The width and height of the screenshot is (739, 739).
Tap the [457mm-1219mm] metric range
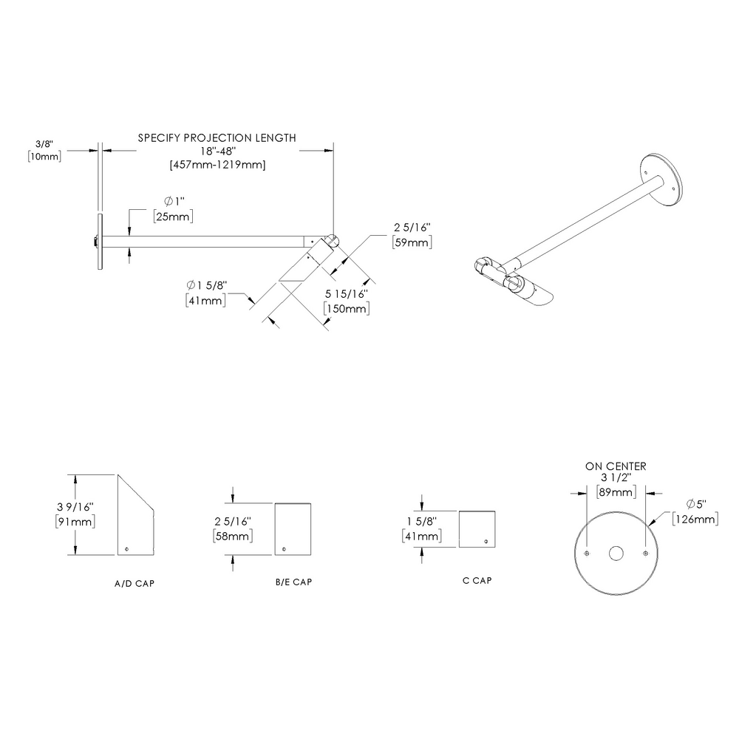point(217,164)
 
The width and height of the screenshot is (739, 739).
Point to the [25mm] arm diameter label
point(173,216)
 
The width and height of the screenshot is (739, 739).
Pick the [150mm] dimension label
point(348,308)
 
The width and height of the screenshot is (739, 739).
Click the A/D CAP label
point(134,583)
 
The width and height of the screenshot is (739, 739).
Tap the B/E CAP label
point(293,582)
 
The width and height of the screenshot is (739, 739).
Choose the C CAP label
point(477,580)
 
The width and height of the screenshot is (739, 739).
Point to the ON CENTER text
point(616,466)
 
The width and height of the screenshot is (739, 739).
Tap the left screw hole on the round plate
point(587,554)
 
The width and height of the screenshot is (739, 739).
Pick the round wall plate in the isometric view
point(663,180)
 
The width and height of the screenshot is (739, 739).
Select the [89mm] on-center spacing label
point(616,492)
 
